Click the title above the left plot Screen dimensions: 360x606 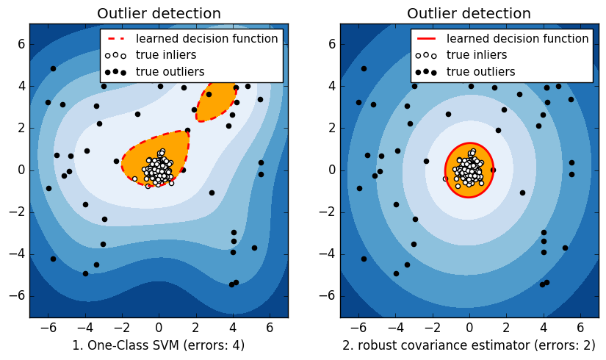159,13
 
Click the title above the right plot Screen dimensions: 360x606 469,13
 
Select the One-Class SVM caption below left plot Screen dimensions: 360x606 159,345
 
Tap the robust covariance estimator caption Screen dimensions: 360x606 469,345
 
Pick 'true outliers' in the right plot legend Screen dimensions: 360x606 480,71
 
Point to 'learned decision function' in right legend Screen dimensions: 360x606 517,39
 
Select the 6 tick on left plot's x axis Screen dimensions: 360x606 270,327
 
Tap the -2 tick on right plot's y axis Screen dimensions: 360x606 328,212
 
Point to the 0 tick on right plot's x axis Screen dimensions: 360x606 469,327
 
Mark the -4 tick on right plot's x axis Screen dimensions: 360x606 395,327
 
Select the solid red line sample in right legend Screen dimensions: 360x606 425,39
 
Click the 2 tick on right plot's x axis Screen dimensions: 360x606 506,327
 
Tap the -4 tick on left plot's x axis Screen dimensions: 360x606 84,327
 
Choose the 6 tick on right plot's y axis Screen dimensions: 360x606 331,44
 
